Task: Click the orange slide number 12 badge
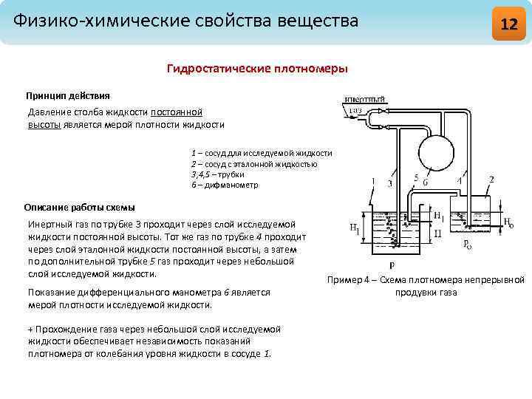(508, 23)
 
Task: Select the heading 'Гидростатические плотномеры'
(257, 69)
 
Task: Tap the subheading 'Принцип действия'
(68, 96)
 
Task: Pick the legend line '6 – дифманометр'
(225, 185)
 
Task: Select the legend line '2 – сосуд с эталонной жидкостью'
(254, 164)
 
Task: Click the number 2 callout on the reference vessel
(491, 179)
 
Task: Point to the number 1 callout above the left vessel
(374, 180)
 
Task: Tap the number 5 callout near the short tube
(417, 178)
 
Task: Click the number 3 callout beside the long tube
(389, 183)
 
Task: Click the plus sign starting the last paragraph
(30, 329)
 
